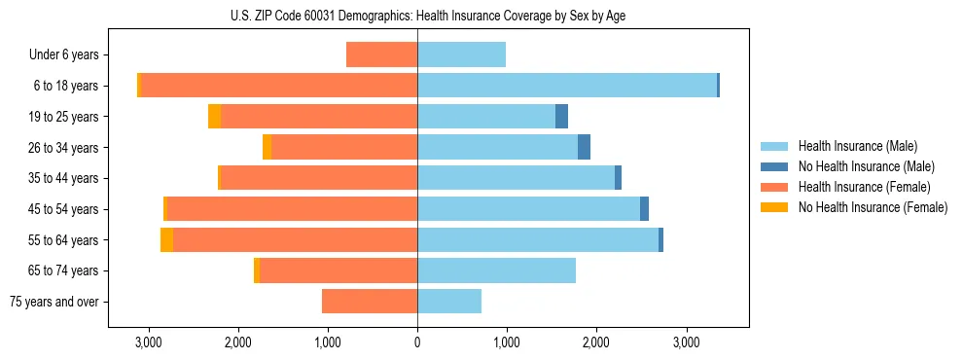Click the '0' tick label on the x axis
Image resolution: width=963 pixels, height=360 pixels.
coord(417,342)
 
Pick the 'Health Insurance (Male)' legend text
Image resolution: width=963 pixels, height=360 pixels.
coord(858,146)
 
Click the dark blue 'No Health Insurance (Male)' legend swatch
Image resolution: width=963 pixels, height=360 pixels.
coord(775,166)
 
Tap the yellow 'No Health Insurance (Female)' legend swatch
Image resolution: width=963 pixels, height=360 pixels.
coord(775,207)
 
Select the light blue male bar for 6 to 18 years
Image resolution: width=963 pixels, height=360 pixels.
coord(567,86)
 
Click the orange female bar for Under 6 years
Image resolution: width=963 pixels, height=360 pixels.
coord(381,55)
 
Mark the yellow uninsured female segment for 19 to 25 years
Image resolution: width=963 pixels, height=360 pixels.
coord(215,117)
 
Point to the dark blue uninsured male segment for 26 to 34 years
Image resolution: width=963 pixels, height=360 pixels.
coord(584,147)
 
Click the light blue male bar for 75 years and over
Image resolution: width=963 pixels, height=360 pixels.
coord(449,302)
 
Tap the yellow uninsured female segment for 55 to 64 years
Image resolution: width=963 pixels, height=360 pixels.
coord(166,240)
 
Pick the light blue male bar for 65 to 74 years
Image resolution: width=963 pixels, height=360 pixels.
coord(496,270)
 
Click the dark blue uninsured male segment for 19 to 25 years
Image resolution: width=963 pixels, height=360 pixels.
coord(561,117)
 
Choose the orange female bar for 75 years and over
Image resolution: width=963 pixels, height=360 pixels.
coord(370,302)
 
